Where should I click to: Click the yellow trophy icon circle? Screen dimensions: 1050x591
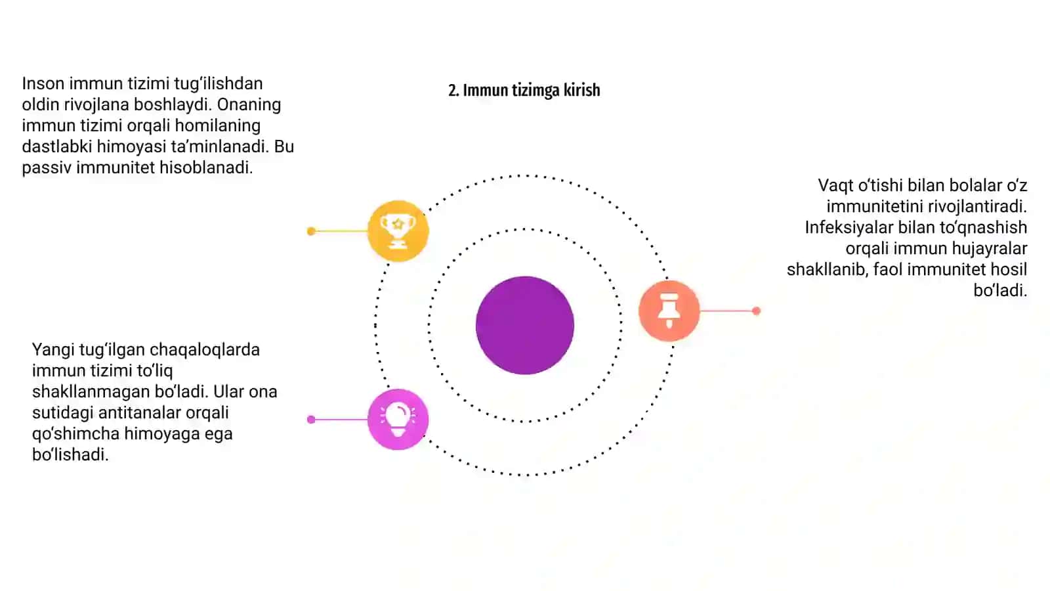398,230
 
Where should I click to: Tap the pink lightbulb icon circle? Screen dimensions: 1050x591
398,420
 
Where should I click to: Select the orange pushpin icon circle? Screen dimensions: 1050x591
669,311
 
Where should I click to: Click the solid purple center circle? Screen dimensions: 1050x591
525,326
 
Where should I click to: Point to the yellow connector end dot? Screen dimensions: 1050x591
311,231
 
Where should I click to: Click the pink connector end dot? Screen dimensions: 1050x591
311,420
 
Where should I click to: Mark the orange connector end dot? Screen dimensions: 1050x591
756,311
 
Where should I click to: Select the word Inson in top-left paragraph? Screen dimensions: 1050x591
43,83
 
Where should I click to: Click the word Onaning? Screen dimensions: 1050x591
249,105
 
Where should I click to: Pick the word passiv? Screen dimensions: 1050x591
47,167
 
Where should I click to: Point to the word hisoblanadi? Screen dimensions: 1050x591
206,167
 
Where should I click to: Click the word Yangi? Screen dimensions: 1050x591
53,350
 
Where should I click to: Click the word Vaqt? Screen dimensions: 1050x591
836,186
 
